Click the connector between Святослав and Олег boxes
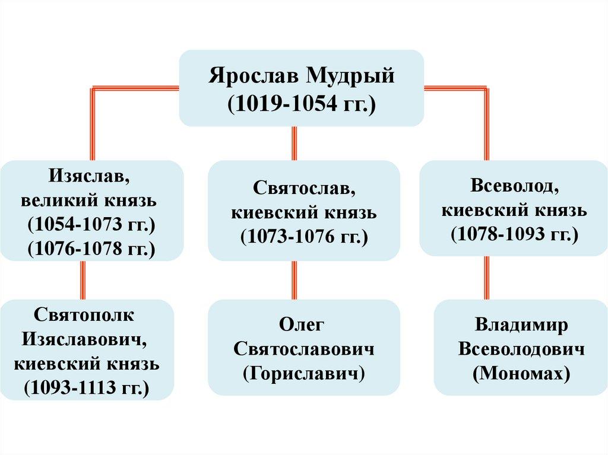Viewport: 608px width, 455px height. (294, 280)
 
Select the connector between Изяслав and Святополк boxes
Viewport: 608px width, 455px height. (83, 280)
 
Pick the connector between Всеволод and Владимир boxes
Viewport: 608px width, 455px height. (487, 277)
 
